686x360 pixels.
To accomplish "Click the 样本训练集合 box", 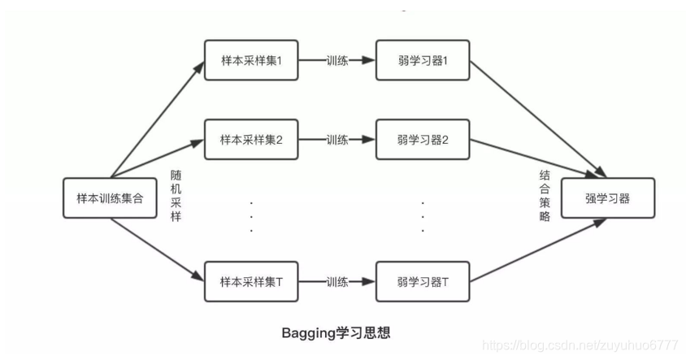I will [x=110, y=197].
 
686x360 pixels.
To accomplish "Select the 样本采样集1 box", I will [x=251, y=60].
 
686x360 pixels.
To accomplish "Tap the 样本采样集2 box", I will [x=251, y=139].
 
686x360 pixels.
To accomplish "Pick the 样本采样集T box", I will [x=251, y=282].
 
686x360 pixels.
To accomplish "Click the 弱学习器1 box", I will [x=423, y=60].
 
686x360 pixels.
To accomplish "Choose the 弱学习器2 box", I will [x=423, y=139].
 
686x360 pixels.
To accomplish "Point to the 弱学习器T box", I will [x=423, y=282].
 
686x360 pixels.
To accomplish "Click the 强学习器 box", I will [x=607, y=197].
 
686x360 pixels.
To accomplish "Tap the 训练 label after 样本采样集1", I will [x=337, y=60].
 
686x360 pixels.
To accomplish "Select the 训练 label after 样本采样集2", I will [x=337, y=139].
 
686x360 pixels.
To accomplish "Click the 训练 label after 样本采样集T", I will [x=337, y=282].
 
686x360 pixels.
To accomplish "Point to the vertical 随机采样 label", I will [x=176, y=196].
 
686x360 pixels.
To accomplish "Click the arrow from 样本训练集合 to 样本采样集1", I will [x=158, y=118].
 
